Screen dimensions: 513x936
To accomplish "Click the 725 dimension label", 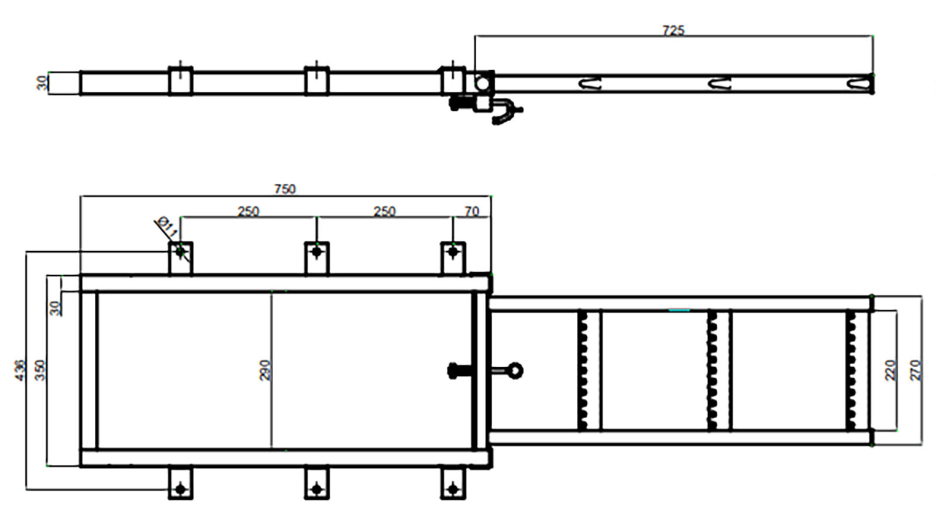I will pyautogui.click(x=673, y=30).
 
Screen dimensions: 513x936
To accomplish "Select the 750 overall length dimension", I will pyautogui.click(x=285, y=189).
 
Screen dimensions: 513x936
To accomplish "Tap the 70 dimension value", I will pyautogui.click(x=472, y=211).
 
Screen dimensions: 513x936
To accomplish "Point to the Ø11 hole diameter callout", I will pyautogui.click(x=167, y=225).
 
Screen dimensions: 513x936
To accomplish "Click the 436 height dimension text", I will pyautogui.click(x=20, y=370).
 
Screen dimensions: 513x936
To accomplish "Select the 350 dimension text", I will pyautogui.click(x=40, y=370).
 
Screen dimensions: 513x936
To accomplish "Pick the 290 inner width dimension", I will pyautogui.click(x=265, y=370).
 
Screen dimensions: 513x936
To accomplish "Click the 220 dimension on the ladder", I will pyautogui.click(x=890, y=370).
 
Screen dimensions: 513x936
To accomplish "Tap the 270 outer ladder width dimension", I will pyautogui.click(x=916, y=370).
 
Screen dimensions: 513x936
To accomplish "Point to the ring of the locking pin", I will pyautogui.click(x=515, y=370).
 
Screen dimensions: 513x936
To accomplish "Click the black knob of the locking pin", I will pyautogui.click(x=453, y=370).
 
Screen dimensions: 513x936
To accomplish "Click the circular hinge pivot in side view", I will pyautogui.click(x=482, y=83).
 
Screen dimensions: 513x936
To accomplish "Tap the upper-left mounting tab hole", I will pyautogui.click(x=180, y=252).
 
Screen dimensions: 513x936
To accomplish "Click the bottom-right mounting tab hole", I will pyautogui.click(x=452, y=488).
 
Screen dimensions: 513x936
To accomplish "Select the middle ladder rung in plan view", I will pyautogui.click(x=713, y=370).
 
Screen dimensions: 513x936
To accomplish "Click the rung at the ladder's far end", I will pyautogui.click(x=851, y=370).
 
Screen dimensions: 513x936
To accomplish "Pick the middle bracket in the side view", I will pyautogui.click(x=316, y=81).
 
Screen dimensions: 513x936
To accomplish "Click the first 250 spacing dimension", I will pyautogui.click(x=248, y=211).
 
